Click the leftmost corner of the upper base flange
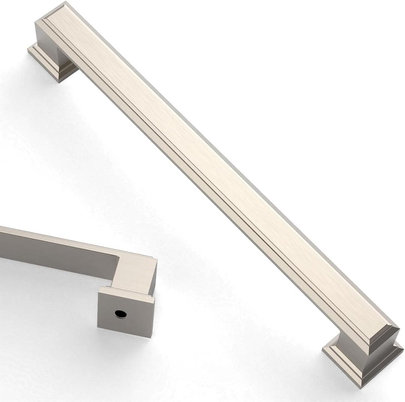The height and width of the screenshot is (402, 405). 28,49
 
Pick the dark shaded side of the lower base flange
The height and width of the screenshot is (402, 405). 386,369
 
